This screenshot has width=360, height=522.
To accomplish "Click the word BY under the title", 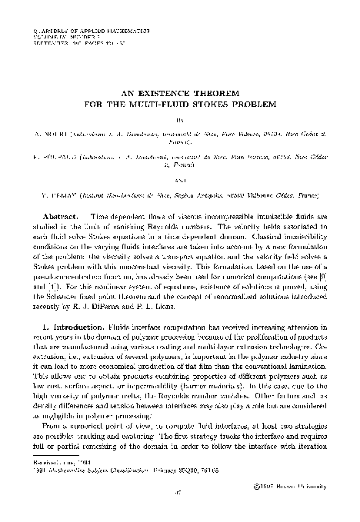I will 181,121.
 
